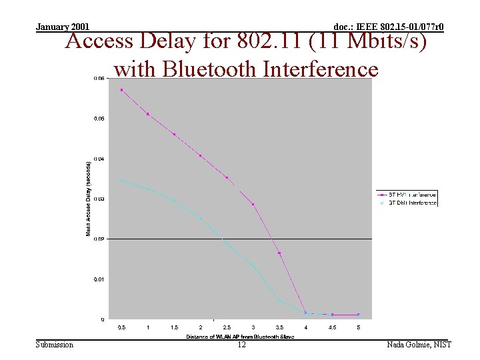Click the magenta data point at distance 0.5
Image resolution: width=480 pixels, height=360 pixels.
pyautogui.click(x=121, y=90)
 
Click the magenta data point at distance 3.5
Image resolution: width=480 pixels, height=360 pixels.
pyautogui.click(x=280, y=253)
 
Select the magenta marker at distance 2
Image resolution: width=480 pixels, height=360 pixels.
pyautogui.click(x=201, y=156)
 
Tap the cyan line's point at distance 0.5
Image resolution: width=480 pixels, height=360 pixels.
pyautogui.click(x=121, y=180)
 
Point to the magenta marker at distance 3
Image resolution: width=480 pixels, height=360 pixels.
pyautogui.click(x=253, y=204)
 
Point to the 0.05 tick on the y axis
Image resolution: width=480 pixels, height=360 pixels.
pyautogui.click(x=98, y=119)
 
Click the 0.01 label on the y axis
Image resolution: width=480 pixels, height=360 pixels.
pyautogui.click(x=98, y=279)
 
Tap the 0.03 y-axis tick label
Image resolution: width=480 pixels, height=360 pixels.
pyautogui.click(x=98, y=199)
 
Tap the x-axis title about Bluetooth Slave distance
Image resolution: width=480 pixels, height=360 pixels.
pyautogui.click(x=239, y=337)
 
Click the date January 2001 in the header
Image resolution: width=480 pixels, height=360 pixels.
pyautogui.click(x=63, y=27)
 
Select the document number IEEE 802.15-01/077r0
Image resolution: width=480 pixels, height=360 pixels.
pyautogui.click(x=388, y=27)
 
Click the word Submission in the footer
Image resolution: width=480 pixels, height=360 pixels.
pyautogui.click(x=55, y=345)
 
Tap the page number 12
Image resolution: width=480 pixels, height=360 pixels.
pyautogui.click(x=241, y=345)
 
